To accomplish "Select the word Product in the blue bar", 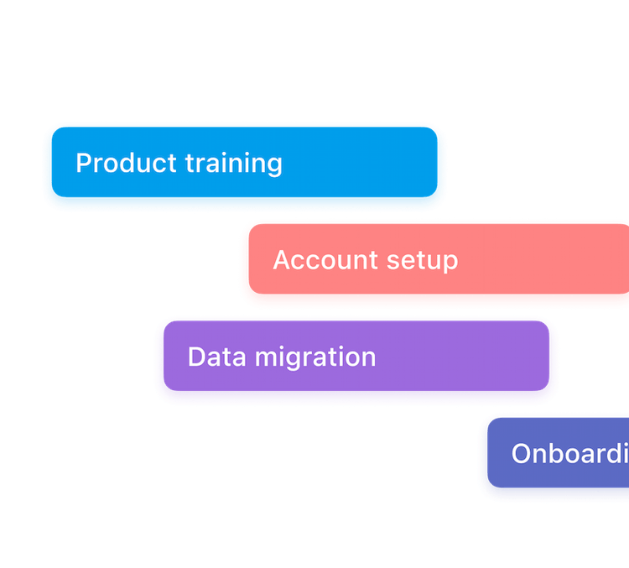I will pyautogui.click(x=127, y=163).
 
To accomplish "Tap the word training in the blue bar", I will pyautogui.click(x=234, y=164).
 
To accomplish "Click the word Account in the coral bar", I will pyautogui.click(x=314, y=260).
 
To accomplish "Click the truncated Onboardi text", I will pyautogui.click(x=569, y=454).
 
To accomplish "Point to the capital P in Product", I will pyautogui.click(x=84, y=163).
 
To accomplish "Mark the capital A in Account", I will pyautogui.click(x=282, y=260).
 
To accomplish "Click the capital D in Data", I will pyautogui.click(x=196, y=357).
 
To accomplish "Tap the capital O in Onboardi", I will pyautogui.click(x=522, y=454).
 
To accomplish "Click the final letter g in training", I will pyautogui.click(x=274, y=166).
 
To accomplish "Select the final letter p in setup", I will pyautogui.click(x=450, y=263).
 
